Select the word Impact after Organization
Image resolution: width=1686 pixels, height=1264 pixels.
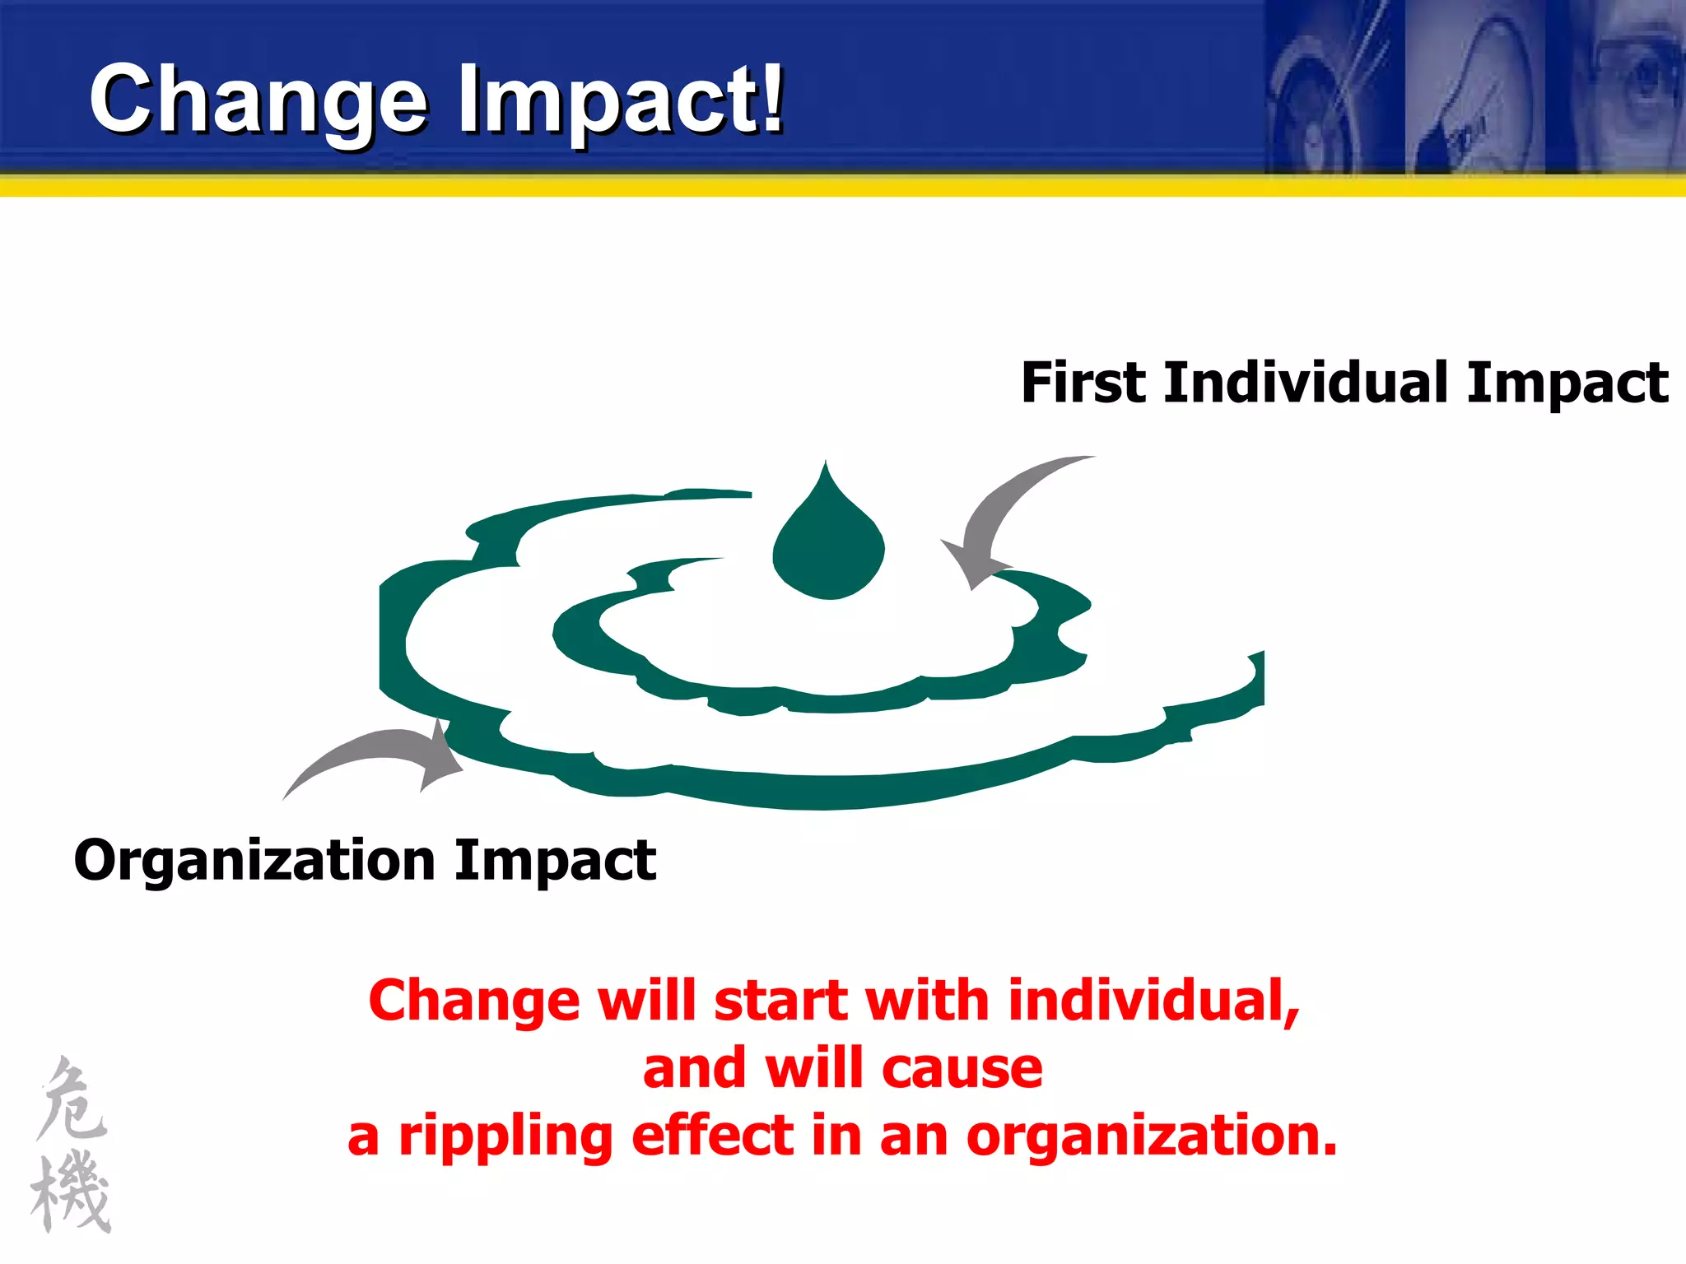555,861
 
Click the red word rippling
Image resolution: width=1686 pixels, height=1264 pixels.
505,1136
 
